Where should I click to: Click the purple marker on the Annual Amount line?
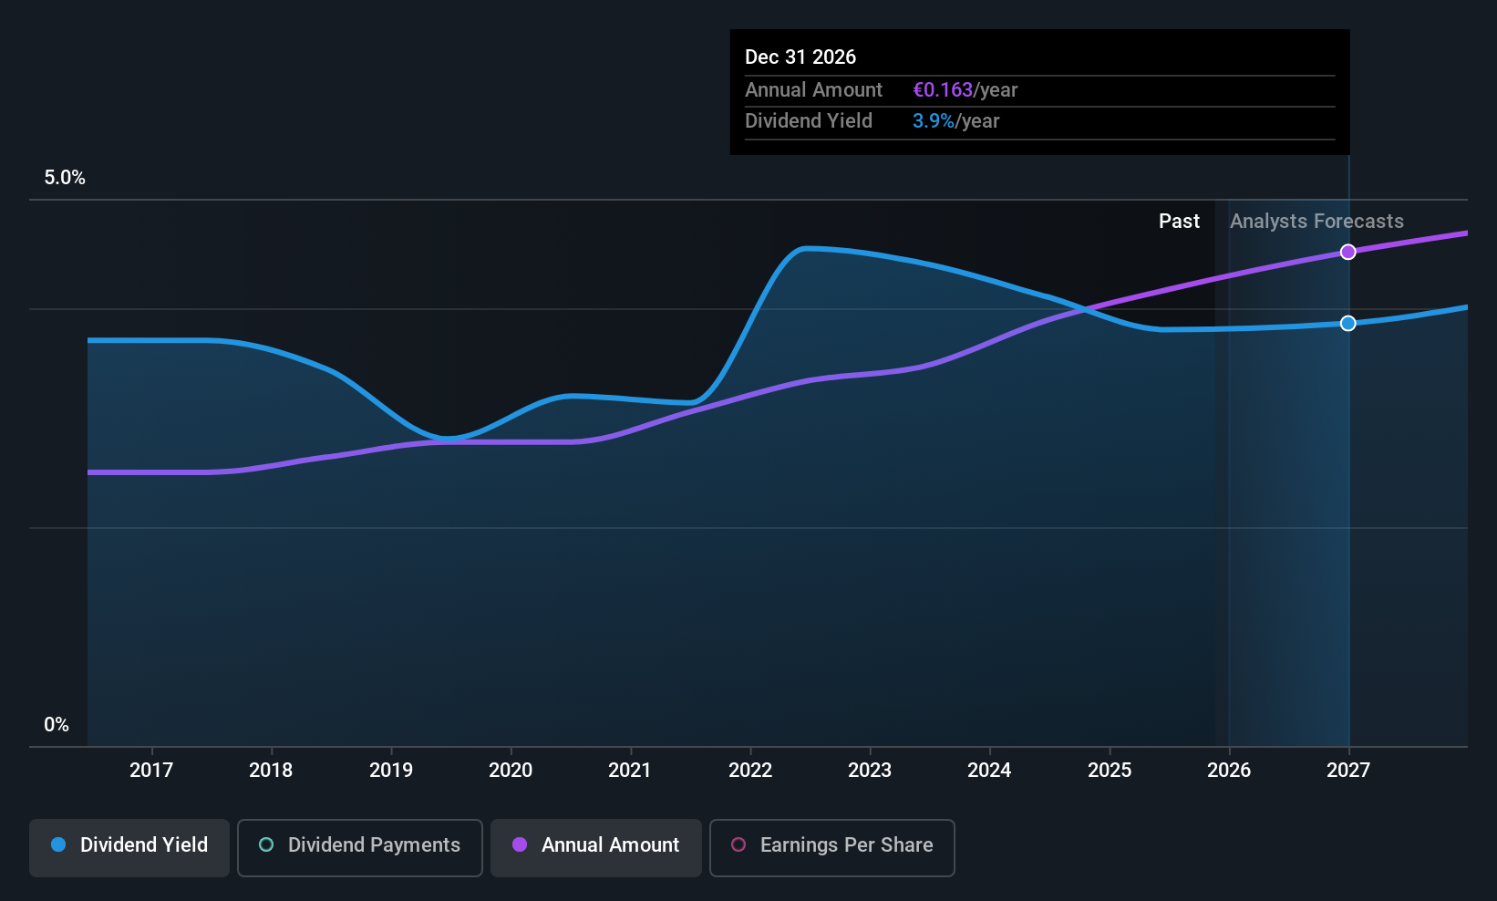1347,252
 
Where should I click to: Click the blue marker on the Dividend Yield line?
1347,324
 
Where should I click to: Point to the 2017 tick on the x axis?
151,771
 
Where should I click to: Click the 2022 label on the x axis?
750,771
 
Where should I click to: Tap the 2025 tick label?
1110,771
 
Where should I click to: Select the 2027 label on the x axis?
1348,771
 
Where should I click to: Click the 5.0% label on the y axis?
65,178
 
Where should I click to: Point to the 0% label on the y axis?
57,725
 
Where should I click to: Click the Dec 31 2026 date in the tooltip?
800,57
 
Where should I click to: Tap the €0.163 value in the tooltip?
943,90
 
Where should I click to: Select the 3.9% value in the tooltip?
933,121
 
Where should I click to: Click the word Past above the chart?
1179,222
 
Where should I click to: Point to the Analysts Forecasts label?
1316,222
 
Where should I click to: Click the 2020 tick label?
511,771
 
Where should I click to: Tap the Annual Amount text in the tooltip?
813,90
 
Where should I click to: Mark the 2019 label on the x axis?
391,771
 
